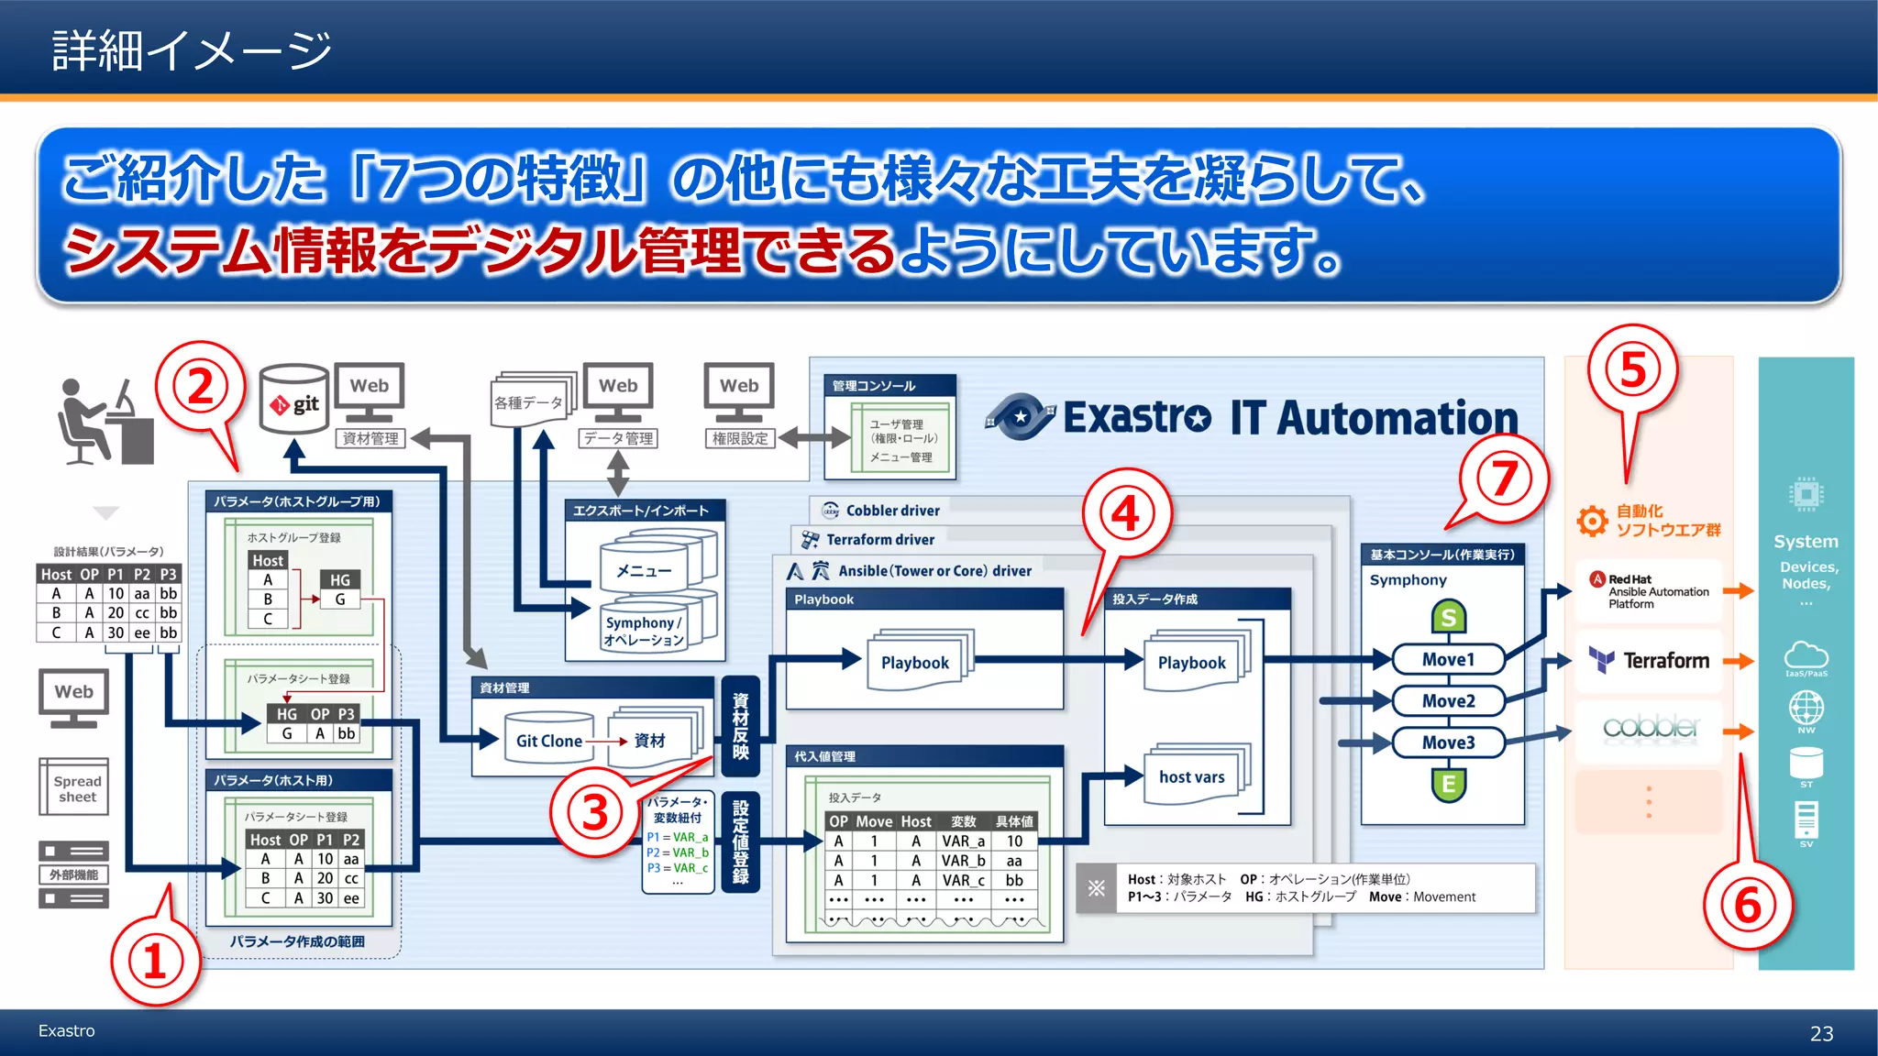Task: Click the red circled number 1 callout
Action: coord(154,962)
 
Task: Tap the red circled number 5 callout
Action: coord(1633,370)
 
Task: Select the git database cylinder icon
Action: coord(293,401)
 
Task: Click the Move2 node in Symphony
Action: coord(1448,701)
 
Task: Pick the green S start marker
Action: coord(1448,617)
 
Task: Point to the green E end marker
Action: coord(1448,784)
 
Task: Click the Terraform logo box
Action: coord(1649,660)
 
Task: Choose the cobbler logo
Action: coord(1649,728)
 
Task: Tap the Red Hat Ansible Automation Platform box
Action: coord(1649,591)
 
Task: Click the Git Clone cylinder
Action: coord(548,740)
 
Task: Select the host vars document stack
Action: coord(1192,776)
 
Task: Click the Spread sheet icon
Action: coord(74,786)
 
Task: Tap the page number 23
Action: coord(1821,1034)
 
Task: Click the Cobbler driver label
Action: coord(891,511)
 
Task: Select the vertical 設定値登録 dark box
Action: coord(741,841)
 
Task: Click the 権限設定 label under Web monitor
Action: coord(740,439)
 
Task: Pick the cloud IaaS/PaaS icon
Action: coord(1806,656)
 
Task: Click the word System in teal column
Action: coord(1806,542)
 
